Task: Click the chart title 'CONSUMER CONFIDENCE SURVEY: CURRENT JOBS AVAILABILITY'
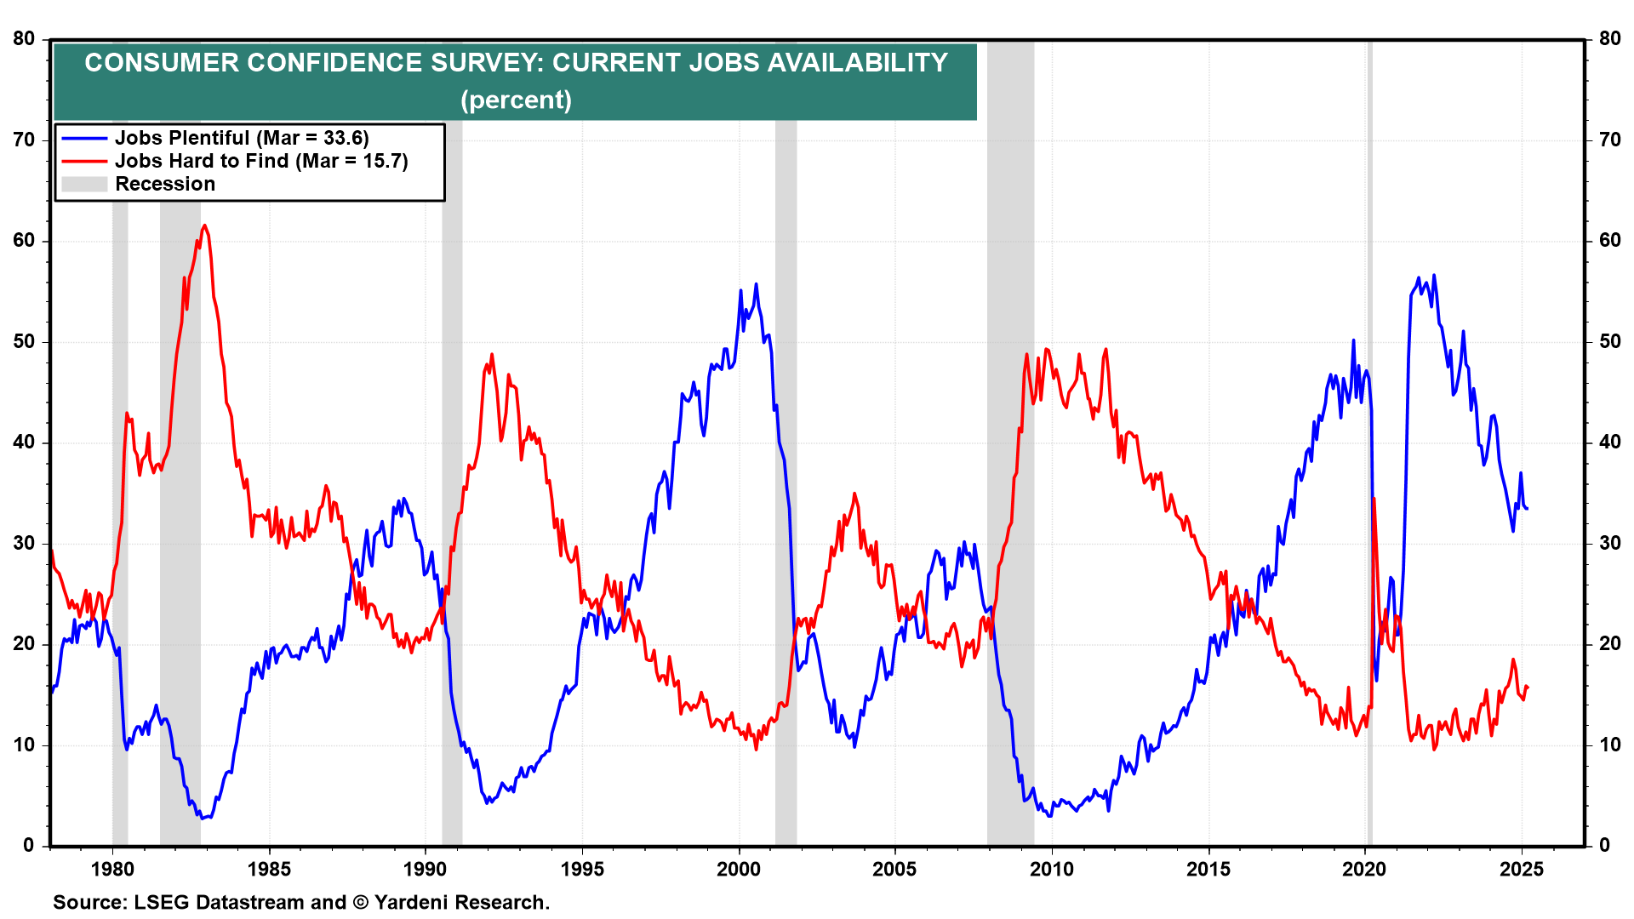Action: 516,63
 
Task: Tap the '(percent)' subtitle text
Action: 516,100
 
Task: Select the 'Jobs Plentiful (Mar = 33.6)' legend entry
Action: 242,138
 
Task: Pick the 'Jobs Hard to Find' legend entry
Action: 261,161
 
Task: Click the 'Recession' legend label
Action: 165,184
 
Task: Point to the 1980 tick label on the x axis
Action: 112,869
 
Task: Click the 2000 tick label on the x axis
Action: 739,869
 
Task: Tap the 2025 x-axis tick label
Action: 1521,869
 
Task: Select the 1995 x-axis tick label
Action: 582,869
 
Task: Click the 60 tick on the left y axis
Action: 24,241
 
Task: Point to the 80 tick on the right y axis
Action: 1609,39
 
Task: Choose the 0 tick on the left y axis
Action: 29,845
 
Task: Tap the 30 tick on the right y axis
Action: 1609,543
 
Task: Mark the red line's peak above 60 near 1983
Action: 205,226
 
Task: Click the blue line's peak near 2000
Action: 756,284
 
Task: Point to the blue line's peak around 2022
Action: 1434,275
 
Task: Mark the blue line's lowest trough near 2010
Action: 1049,816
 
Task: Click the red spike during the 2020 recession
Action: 1374,499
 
